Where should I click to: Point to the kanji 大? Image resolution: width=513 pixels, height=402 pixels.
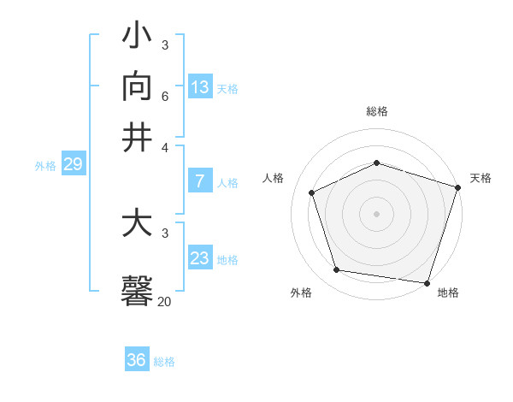pyautogui.click(x=138, y=224)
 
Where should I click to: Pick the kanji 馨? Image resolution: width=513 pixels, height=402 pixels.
pyautogui.click(x=138, y=290)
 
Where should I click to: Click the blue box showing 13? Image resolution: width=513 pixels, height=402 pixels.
pyautogui.click(x=200, y=87)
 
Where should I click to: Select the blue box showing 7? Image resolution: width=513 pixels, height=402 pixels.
pyautogui.click(x=200, y=181)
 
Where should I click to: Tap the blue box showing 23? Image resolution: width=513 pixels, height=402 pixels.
pyautogui.click(x=200, y=258)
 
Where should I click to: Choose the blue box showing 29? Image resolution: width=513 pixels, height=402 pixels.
pyautogui.click(x=73, y=164)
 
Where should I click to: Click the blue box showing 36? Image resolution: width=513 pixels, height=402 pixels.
pyautogui.click(x=137, y=360)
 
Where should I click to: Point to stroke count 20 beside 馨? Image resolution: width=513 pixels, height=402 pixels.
pyautogui.click(x=164, y=301)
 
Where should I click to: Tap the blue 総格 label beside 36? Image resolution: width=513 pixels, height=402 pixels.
pyautogui.click(x=164, y=362)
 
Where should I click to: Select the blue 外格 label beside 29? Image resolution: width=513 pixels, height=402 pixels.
pyautogui.click(x=45, y=166)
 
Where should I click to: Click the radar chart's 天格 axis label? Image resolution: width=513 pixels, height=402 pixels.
pyautogui.click(x=481, y=178)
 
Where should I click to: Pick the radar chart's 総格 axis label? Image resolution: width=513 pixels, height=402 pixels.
pyautogui.click(x=377, y=111)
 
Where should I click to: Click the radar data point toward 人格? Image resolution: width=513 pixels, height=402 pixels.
pyautogui.click(x=312, y=192)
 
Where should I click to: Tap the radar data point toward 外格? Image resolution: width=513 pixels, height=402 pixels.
pyautogui.click(x=337, y=270)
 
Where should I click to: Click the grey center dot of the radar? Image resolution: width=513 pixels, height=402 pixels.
pyautogui.click(x=377, y=214)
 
